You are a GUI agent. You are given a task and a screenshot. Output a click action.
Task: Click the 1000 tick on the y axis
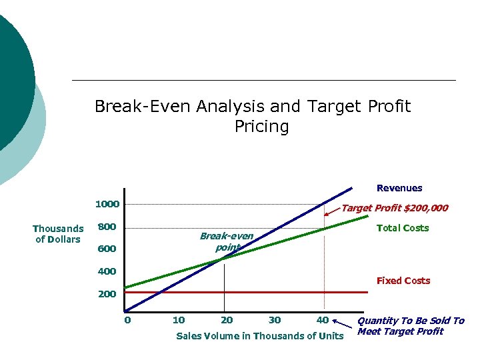coord(107,204)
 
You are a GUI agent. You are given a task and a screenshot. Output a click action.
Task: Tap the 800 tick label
coord(107,227)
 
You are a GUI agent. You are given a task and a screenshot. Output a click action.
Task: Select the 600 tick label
coord(107,249)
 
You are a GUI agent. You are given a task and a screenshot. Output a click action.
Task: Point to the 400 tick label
coord(107,272)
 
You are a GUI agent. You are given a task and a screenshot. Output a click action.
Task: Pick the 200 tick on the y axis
coord(107,294)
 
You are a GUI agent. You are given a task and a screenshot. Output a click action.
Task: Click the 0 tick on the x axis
coord(127,320)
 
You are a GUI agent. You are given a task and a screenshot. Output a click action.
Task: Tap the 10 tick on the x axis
coord(179,320)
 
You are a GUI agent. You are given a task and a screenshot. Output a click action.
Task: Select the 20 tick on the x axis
coord(227,320)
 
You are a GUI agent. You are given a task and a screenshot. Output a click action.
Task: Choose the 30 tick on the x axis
coord(275,320)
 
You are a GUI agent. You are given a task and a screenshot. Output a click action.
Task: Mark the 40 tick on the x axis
coord(323,320)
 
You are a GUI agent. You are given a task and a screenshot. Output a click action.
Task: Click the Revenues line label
coord(399,188)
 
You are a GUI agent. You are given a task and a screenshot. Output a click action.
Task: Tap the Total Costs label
coord(403,228)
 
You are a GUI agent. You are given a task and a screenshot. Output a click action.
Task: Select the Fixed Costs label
coord(403,281)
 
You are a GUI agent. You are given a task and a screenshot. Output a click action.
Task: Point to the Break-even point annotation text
coord(227,242)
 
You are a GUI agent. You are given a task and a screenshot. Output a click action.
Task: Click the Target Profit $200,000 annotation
coord(395,208)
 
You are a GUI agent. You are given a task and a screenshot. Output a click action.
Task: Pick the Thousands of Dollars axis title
coord(58,234)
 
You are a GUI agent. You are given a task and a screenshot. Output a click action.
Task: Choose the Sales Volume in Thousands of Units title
coord(259,336)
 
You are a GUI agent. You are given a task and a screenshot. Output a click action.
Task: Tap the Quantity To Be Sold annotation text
coord(411,326)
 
